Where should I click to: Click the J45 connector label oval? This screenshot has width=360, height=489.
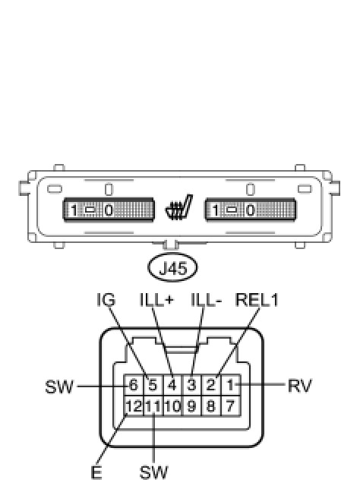pyautogui.click(x=172, y=267)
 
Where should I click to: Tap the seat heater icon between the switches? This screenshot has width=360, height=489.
pyautogui.click(x=179, y=207)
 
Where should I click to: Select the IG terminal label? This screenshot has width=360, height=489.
pyautogui.click(x=106, y=299)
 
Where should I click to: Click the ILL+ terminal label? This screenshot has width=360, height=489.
pyautogui.click(x=156, y=299)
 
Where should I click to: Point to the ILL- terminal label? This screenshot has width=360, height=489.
pyautogui.click(x=206, y=299)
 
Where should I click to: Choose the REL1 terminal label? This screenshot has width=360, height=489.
pyautogui.click(x=257, y=299)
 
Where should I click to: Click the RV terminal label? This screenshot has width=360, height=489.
pyautogui.click(x=299, y=386)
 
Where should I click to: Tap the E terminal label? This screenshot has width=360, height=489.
pyautogui.click(x=96, y=472)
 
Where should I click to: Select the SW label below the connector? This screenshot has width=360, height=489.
pyautogui.click(x=153, y=472)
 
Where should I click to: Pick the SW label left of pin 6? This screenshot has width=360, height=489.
pyautogui.click(x=59, y=386)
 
